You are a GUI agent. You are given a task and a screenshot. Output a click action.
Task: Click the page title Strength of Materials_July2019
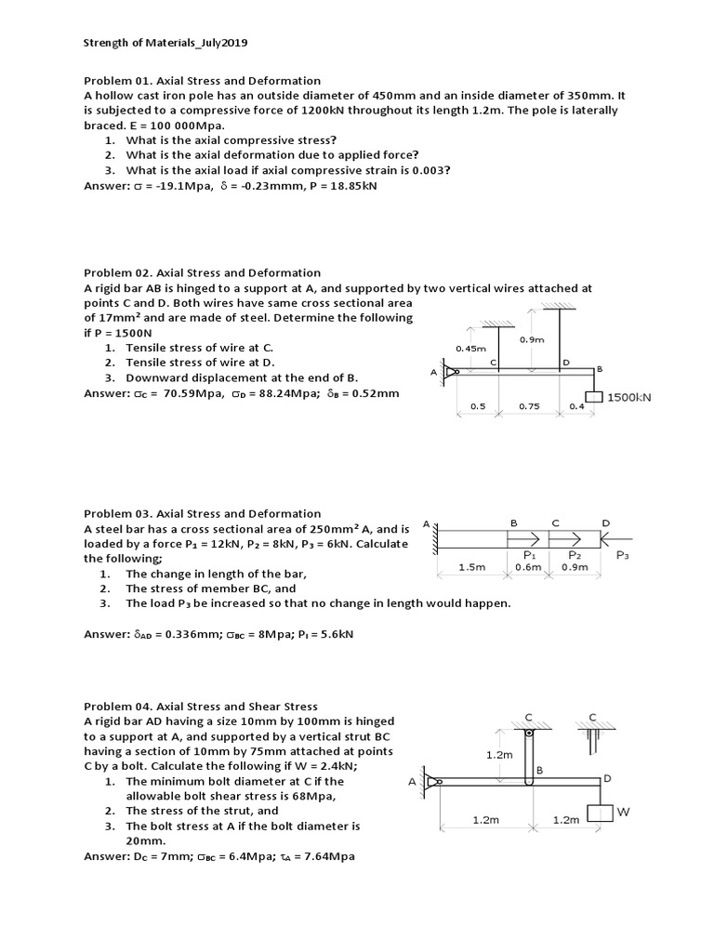click(165, 43)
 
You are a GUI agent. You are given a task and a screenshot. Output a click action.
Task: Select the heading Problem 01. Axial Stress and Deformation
click(202, 81)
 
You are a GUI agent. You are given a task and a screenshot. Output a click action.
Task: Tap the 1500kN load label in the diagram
click(629, 397)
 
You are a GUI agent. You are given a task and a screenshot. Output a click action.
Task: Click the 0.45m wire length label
click(470, 348)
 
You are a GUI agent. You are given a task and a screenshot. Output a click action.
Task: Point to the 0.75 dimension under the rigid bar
click(529, 406)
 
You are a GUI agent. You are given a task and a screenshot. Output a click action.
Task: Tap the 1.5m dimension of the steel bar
click(474, 567)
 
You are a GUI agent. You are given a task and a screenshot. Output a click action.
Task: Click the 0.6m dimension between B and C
click(527, 567)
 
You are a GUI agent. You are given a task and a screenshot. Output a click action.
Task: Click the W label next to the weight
click(623, 812)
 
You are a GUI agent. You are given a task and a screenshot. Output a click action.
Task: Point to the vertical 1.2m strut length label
click(499, 755)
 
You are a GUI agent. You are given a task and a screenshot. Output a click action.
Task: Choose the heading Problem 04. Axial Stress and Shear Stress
click(201, 707)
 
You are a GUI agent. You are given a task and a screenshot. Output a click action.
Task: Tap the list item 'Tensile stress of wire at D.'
click(201, 363)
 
